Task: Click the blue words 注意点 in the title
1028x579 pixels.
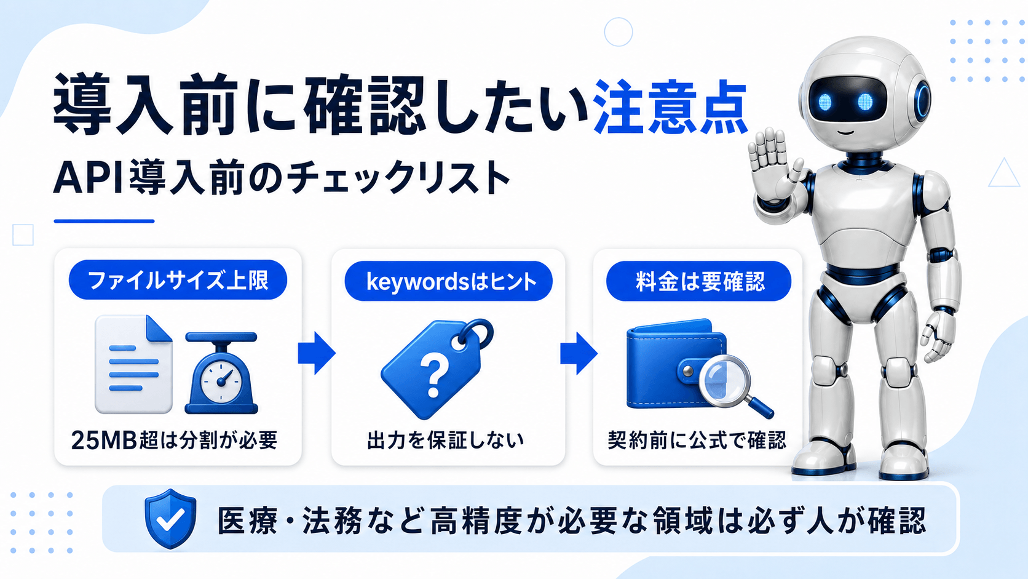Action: [x=671, y=108]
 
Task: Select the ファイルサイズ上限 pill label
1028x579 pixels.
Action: [x=178, y=279]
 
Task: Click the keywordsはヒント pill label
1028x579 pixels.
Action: [x=448, y=281]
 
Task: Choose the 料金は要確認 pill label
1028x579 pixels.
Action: [x=698, y=281]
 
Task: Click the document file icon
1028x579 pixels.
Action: [x=133, y=364]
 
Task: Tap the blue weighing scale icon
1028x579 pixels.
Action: [x=221, y=373]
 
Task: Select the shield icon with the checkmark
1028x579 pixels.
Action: [x=170, y=518]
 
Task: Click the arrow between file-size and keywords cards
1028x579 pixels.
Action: [x=317, y=353]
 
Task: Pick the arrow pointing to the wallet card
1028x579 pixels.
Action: [x=579, y=353]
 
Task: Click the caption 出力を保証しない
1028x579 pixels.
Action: [x=445, y=440]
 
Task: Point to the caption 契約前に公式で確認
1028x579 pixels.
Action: [x=697, y=440]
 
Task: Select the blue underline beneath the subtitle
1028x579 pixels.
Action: [x=104, y=222]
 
